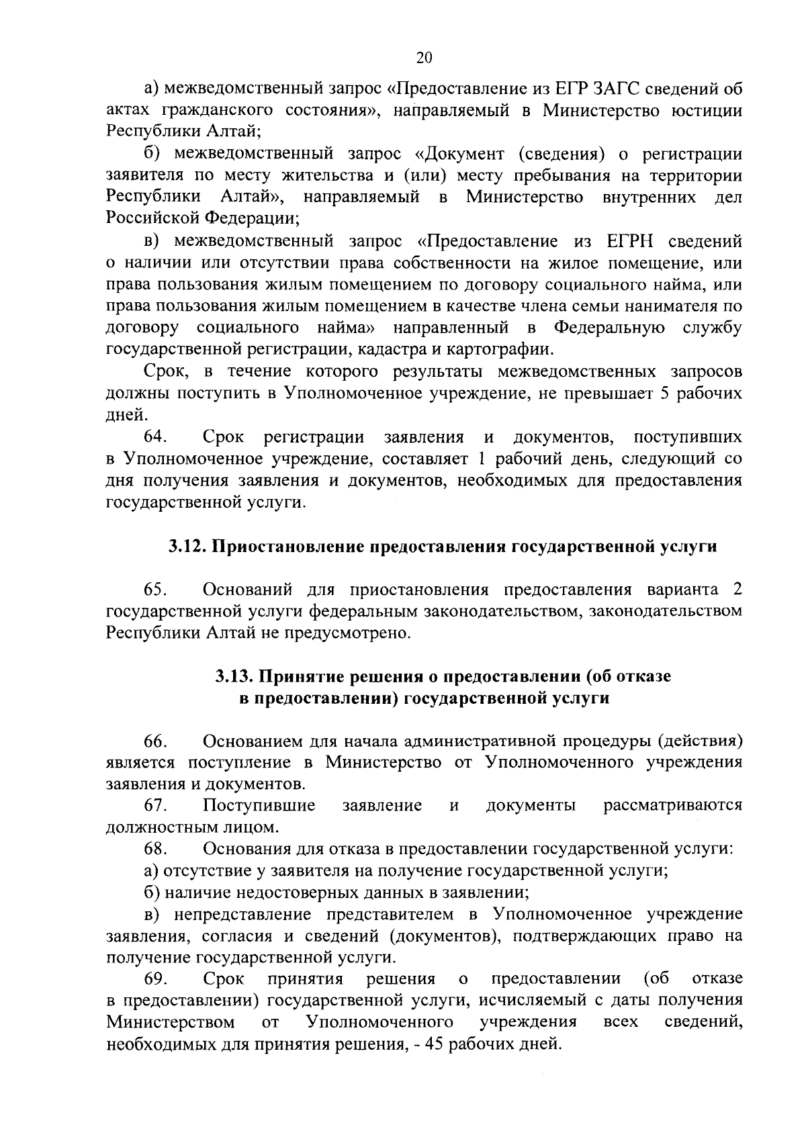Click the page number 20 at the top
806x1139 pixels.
coord(424,57)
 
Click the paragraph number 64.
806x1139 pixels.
coord(155,437)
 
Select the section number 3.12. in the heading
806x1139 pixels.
coord(187,547)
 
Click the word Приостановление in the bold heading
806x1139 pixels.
coord(290,547)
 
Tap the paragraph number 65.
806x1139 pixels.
coord(155,590)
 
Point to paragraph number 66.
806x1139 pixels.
coord(155,741)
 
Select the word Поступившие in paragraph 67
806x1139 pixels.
coord(259,805)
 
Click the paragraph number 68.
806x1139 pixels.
coord(155,849)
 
